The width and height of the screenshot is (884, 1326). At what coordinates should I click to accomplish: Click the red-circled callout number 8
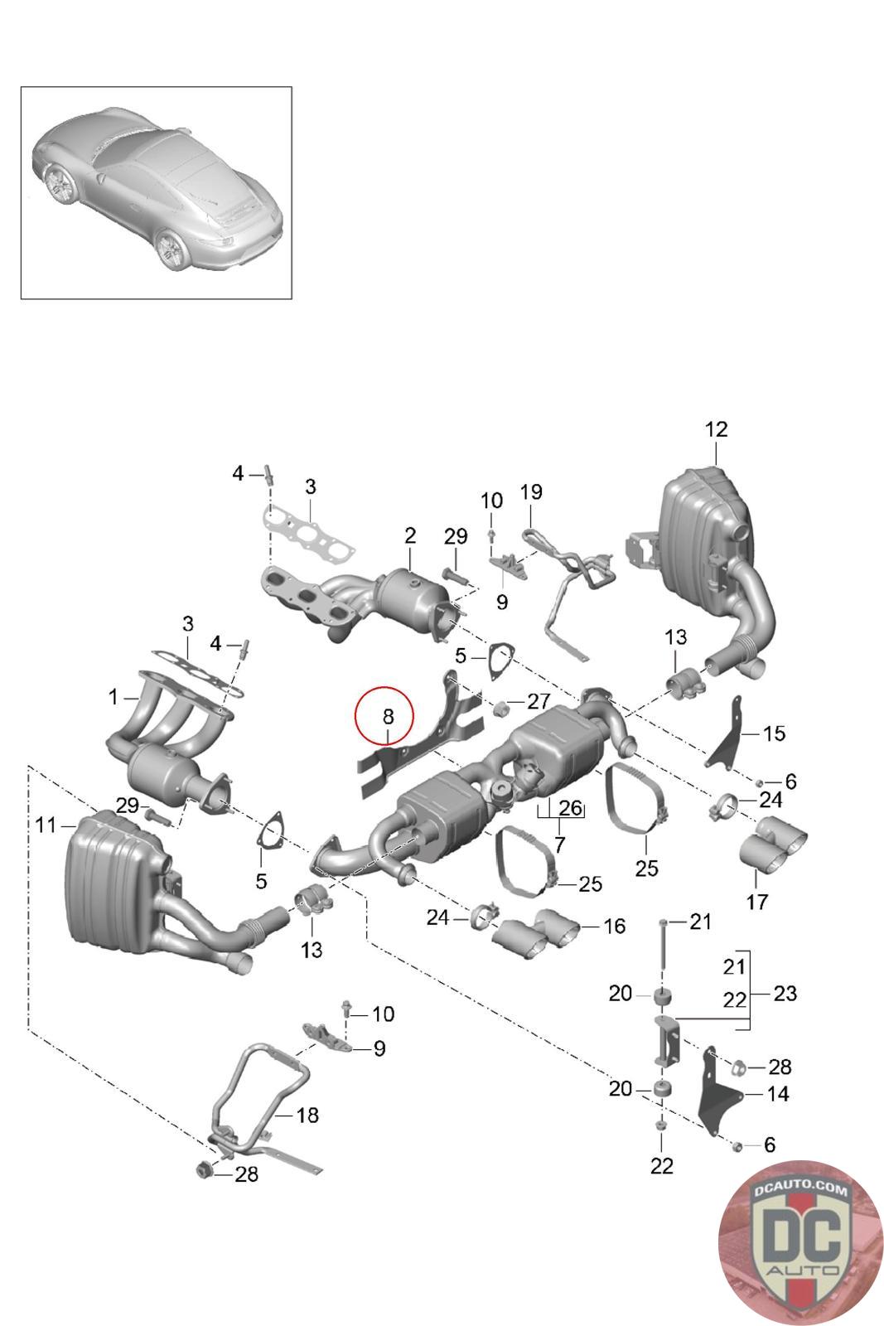coord(388,716)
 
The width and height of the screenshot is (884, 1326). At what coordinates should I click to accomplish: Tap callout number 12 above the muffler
coord(716,429)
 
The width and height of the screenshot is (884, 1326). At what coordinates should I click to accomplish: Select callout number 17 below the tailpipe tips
coord(756,903)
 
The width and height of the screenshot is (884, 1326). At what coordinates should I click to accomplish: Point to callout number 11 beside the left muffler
coord(46,825)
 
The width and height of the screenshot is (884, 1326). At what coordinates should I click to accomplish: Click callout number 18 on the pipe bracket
coord(307,1115)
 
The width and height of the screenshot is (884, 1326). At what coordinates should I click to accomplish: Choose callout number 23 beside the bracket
coord(785,994)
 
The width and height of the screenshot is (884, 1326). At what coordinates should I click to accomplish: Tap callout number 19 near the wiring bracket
coord(531,491)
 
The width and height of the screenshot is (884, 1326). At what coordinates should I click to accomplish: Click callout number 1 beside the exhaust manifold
coord(113,697)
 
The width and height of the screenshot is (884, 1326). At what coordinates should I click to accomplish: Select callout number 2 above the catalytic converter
coord(410,535)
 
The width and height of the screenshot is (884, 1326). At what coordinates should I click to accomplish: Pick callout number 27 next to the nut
coord(539,701)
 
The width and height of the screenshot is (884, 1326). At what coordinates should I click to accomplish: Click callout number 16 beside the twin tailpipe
coord(614,926)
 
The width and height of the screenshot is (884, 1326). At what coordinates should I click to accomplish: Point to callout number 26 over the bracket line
coord(570,807)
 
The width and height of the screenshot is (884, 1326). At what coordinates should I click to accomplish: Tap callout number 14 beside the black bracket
coord(777,1093)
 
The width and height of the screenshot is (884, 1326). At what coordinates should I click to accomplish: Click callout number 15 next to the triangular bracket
coord(774,733)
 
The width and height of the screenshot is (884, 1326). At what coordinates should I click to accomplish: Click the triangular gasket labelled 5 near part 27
coord(500,662)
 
